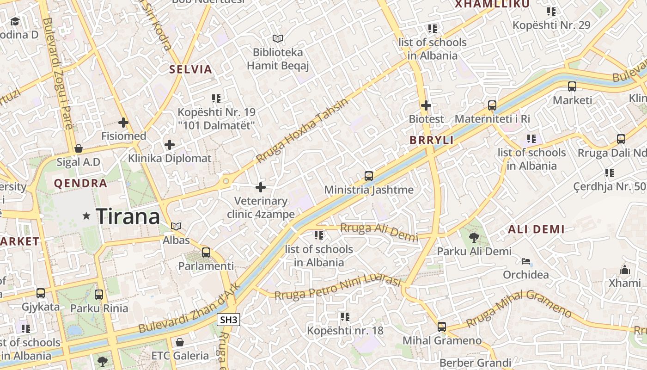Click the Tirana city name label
click(128, 216)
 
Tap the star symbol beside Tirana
click(86, 216)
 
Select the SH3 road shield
click(229, 320)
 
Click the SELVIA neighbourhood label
click(190, 70)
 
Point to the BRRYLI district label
click(432, 141)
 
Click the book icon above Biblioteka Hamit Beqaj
click(277, 38)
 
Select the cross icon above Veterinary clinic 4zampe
click(261, 187)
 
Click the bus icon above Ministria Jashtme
click(368, 176)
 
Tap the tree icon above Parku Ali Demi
click(474, 238)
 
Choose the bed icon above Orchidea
click(526, 261)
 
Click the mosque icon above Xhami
click(624, 269)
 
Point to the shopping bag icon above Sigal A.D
click(79, 148)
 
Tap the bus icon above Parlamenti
click(206, 253)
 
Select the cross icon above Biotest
click(426, 105)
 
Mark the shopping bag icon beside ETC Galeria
click(180, 342)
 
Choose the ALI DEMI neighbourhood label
click(536, 229)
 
